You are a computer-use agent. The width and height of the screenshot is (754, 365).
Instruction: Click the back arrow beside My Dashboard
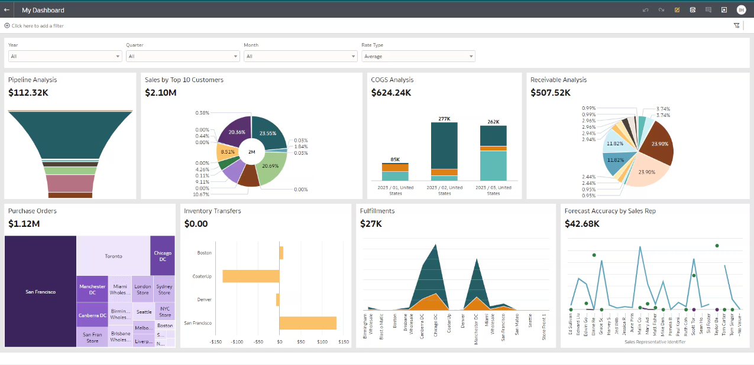tap(7, 10)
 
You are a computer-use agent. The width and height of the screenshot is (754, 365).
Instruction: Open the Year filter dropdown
tap(65, 56)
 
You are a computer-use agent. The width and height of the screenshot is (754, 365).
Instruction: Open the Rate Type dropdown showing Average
tap(418, 56)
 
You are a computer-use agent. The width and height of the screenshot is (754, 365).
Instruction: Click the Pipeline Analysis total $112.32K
tap(28, 93)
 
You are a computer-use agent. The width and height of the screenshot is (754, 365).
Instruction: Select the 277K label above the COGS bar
tap(445, 119)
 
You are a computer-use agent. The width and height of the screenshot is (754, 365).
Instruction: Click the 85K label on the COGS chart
tap(395, 159)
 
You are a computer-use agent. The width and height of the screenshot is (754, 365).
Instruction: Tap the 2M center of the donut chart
tap(251, 152)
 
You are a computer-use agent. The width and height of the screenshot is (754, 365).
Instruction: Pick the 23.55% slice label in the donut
tap(268, 133)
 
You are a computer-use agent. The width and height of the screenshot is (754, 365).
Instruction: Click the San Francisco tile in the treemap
tap(41, 292)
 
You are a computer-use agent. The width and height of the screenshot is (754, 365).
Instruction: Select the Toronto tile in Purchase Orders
tap(114, 256)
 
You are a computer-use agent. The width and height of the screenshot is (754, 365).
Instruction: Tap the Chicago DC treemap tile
tap(163, 256)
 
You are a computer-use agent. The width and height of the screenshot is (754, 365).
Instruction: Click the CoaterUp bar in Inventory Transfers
tap(251, 276)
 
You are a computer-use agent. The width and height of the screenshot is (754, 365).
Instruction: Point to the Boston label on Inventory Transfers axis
tap(204, 253)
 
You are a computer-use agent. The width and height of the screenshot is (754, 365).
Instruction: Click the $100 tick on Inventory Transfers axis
tap(322, 341)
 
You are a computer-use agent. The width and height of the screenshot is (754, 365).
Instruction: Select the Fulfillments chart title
tap(377, 211)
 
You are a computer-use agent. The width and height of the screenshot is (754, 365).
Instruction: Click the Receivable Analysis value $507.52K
tap(551, 93)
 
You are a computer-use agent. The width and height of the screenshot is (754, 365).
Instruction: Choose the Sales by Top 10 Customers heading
tap(184, 80)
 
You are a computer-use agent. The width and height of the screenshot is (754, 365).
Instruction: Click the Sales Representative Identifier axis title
tap(655, 342)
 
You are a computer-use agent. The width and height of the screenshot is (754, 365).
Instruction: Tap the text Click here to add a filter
tap(37, 26)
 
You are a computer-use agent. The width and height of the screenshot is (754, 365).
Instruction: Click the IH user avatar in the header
tap(741, 10)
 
